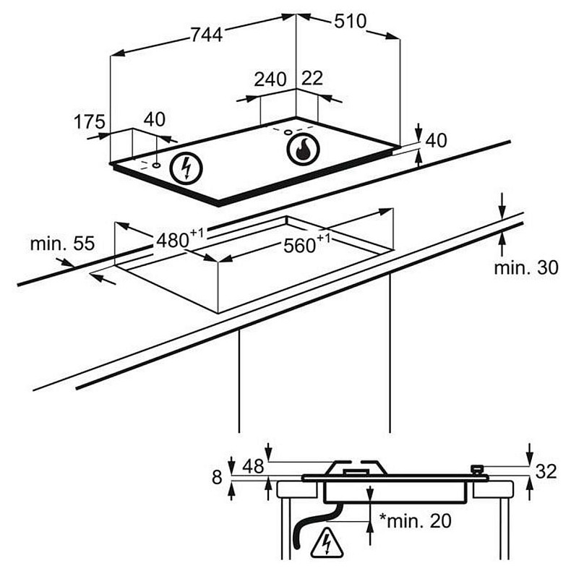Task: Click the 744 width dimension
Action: click(207, 35)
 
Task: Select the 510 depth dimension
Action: click(351, 21)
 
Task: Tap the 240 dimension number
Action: click(270, 80)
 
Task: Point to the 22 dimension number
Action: click(312, 78)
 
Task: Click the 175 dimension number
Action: click(90, 121)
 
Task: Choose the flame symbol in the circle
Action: click(303, 150)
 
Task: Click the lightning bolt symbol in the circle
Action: click(186, 168)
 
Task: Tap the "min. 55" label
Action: click(62, 244)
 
